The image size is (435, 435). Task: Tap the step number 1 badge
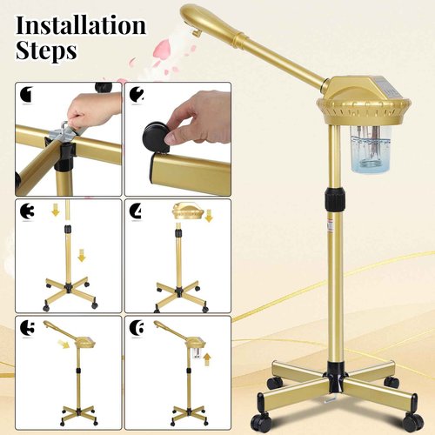tap(25, 94)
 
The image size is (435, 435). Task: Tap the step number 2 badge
tap(136, 94)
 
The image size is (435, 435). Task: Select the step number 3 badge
tap(25, 211)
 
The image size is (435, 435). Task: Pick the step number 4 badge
tap(136, 211)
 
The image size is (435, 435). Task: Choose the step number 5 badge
tap(25, 327)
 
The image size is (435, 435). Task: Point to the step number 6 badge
tap(136, 327)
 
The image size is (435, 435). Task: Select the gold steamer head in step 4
tap(188, 212)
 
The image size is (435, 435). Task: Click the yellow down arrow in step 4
tap(209, 215)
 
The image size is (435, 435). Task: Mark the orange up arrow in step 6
tap(208, 357)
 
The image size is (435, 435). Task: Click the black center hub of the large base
tap(332, 380)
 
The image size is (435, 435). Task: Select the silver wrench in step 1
tap(63, 135)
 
